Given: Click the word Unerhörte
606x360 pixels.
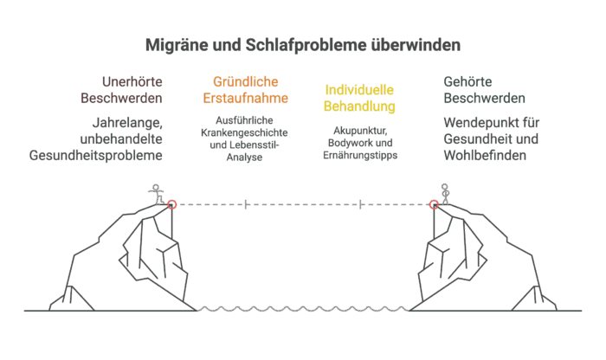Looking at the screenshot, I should coord(131,81).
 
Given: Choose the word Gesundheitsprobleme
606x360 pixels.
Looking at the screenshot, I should coord(96,156).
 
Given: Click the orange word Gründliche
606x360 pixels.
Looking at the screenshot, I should coord(245,81).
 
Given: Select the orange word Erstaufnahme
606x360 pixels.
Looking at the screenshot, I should coord(245,98).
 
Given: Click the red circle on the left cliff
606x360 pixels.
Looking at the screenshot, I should coord(171,204).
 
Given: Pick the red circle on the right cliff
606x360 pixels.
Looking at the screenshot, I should coord(435,204).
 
